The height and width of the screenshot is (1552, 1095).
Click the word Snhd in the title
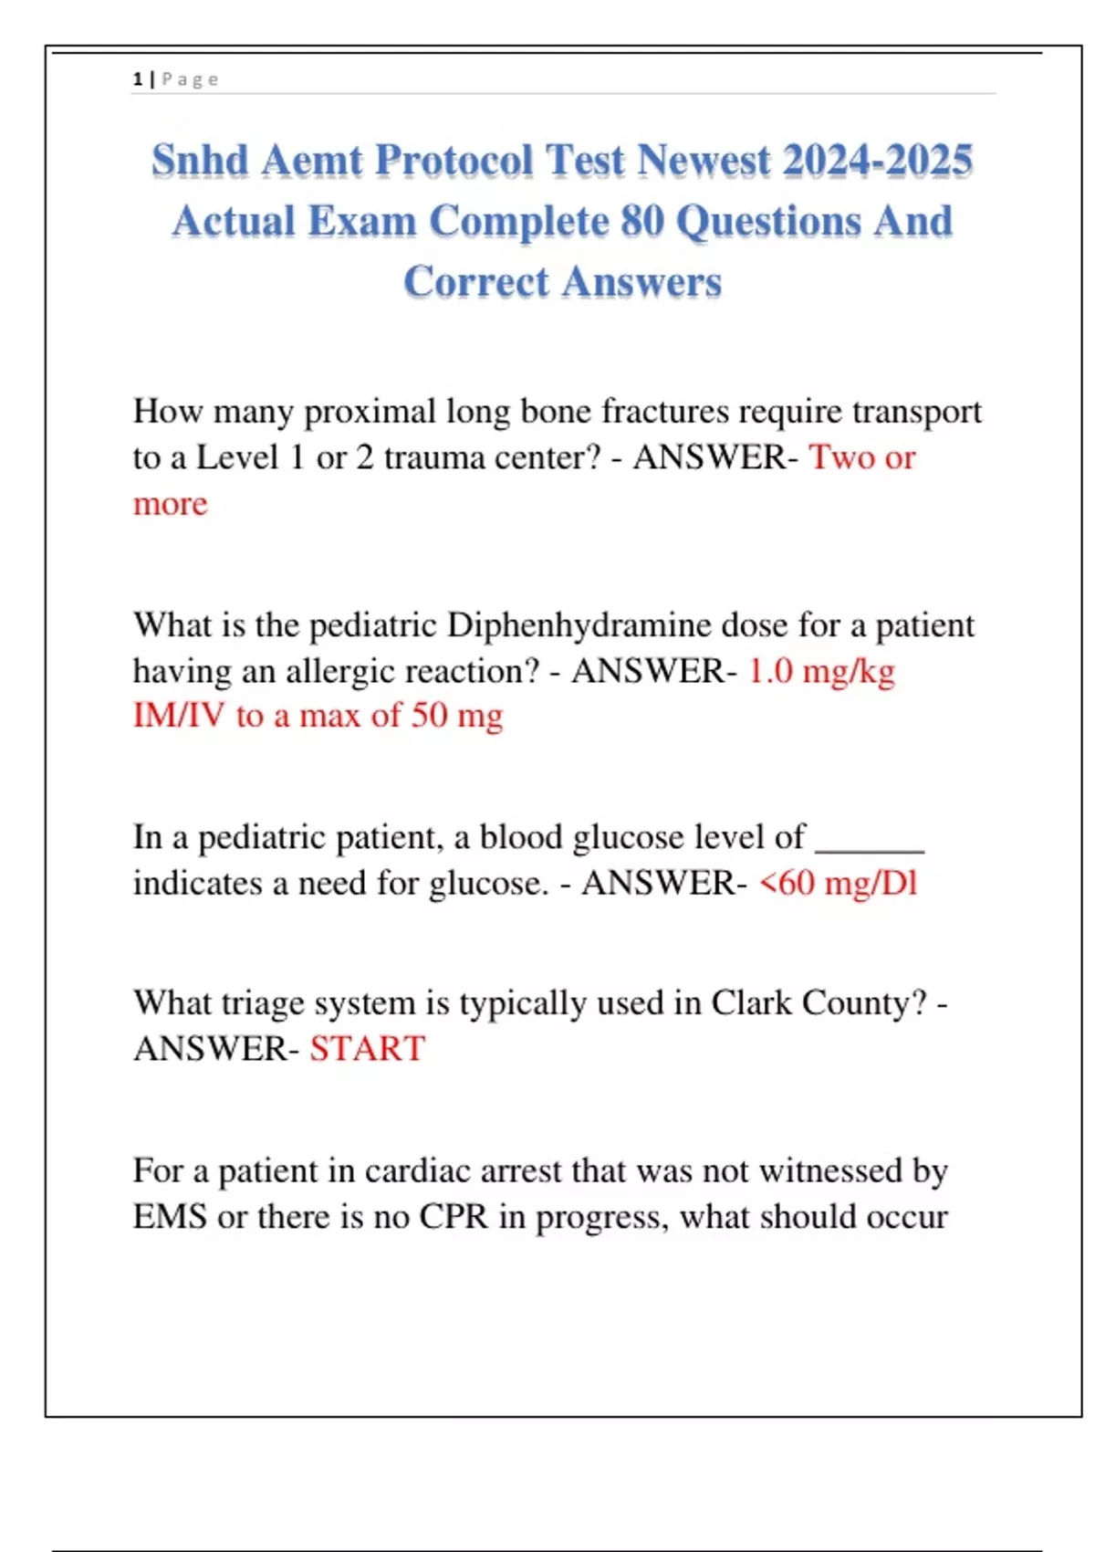point(200,161)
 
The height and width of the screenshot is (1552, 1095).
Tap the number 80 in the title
point(642,222)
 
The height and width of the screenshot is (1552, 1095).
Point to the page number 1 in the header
point(138,79)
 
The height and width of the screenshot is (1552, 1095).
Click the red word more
point(170,504)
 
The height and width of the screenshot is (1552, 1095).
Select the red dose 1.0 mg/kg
point(821,671)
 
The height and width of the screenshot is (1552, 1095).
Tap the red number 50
point(429,716)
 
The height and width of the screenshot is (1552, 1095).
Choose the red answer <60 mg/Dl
point(838,884)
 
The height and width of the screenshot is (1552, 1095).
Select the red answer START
point(367,1049)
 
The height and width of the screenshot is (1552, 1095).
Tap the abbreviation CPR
point(454,1217)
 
